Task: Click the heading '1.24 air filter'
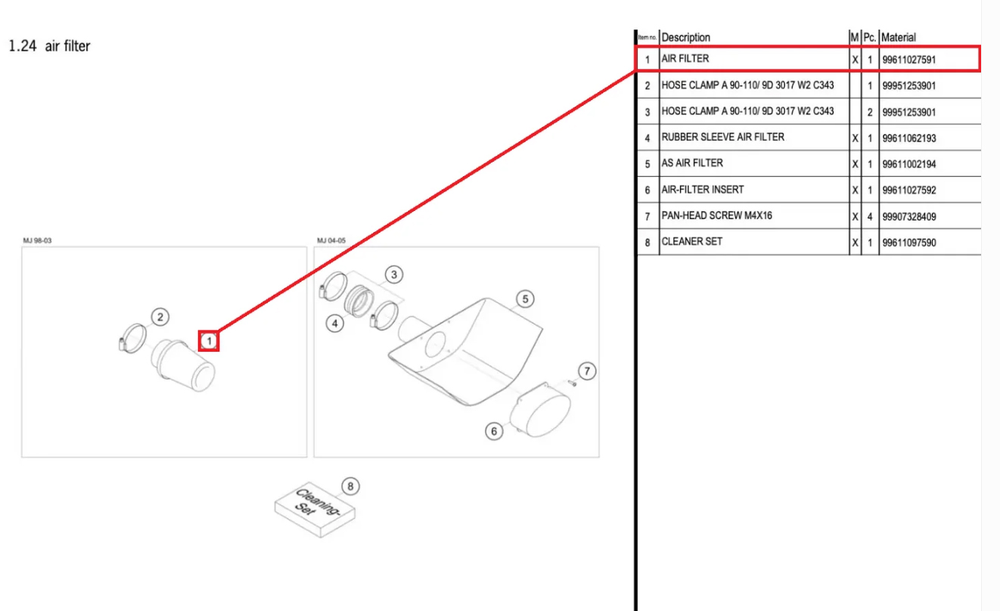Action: tap(49, 46)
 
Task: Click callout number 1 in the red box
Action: tap(209, 341)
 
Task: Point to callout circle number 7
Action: tap(587, 371)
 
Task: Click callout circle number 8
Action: tap(349, 485)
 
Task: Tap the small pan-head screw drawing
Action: tap(572, 383)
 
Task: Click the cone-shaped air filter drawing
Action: tap(185, 364)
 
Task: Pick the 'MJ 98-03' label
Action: tap(37, 240)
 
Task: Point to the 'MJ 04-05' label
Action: tap(331, 240)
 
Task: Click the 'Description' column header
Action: tap(686, 37)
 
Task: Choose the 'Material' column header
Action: tap(899, 37)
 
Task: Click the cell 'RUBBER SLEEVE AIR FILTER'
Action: tap(722, 137)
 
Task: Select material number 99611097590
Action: tap(909, 243)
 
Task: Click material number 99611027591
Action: tap(909, 59)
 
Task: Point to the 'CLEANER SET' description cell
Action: tap(691, 241)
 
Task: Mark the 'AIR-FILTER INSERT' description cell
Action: tap(702, 189)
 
